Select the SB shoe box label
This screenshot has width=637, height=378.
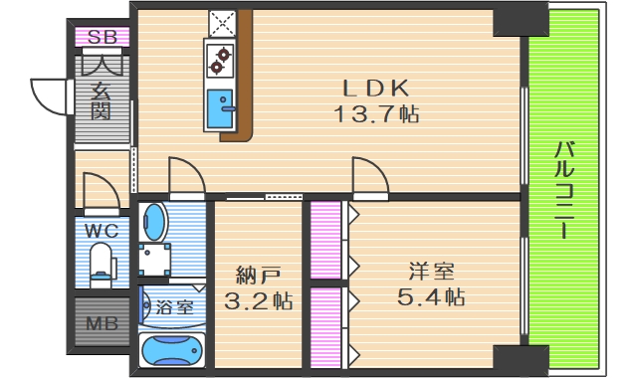tap(103, 38)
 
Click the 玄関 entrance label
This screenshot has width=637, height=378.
tap(102, 100)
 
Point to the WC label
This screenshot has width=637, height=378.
tap(102, 231)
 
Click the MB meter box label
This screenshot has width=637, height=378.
tap(101, 322)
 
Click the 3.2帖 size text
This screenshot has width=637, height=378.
tap(257, 299)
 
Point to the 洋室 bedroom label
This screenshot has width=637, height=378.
tap(431, 271)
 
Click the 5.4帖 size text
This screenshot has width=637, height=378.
tap(431, 296)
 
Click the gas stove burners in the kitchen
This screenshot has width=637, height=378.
tap(219, 62)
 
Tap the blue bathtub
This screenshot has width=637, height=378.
tap(171, 350)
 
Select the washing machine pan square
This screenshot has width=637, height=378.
tap(154, 260)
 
